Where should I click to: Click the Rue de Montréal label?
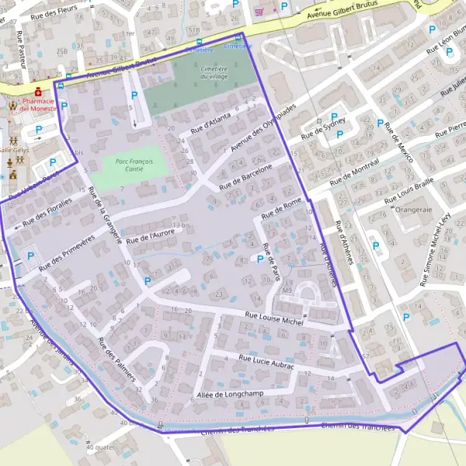pyautogui.click(x=354, y=172)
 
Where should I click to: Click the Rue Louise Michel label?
pyautogui.click(x=273, y=318)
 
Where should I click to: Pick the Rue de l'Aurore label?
pyautogui.click(x=152, y=233)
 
